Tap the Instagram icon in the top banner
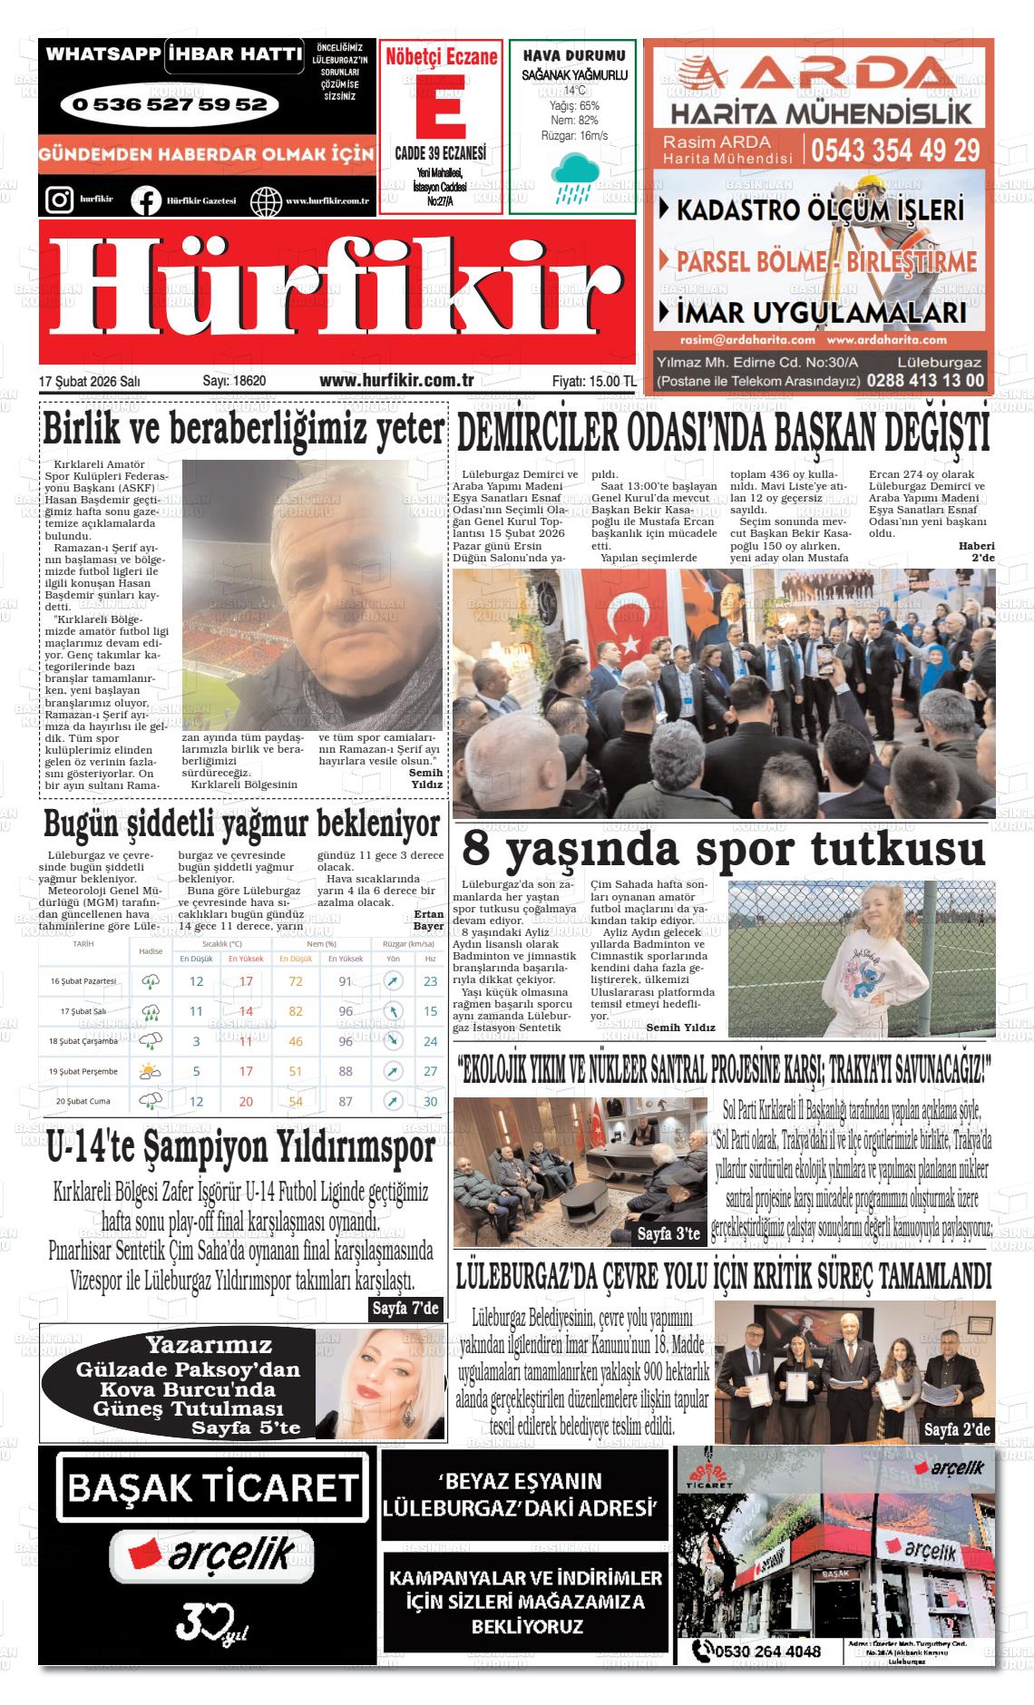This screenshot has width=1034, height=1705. [x=59, y=199]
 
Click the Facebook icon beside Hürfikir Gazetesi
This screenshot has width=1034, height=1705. [x=145, y=200]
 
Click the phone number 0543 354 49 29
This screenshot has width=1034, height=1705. [x=895, y=149]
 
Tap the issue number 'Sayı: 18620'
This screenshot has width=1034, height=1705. [x=234, y=381]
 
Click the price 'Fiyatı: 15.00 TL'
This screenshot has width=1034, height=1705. [x=593, y=381]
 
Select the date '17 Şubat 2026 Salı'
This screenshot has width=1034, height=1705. [x=90, y=381]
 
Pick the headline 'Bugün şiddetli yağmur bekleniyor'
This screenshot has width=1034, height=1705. [x=242, y=824]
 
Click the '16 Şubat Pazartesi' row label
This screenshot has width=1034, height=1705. [x=83, y=981]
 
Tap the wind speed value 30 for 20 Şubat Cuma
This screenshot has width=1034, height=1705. [x=430, y=1101]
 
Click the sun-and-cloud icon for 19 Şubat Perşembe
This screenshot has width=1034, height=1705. [x=150, y=1071]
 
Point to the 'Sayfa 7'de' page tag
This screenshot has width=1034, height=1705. [x=405, y=1308]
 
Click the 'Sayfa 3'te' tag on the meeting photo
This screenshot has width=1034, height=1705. [x=668, y=1233]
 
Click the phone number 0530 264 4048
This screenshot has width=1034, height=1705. [x=767, y=1651]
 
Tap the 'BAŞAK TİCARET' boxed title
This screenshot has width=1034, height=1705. [x=213, y=1487]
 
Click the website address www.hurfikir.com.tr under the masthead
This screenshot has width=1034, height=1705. [x=396, y=381]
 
